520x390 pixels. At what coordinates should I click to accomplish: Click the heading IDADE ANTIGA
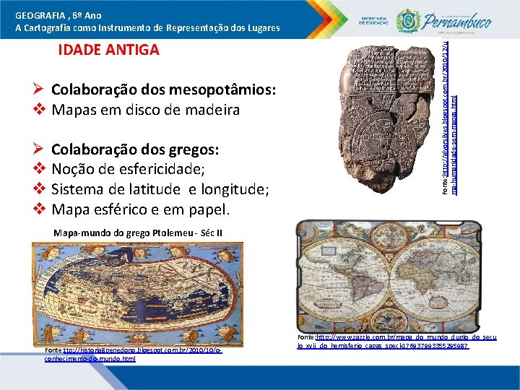click(x=108, y=51)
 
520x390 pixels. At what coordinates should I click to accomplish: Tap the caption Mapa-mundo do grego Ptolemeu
click(x=137, y=233)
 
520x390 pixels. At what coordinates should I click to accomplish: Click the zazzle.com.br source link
click(x=396, y=342)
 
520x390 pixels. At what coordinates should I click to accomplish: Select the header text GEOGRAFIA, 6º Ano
click(x=58, y=15)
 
